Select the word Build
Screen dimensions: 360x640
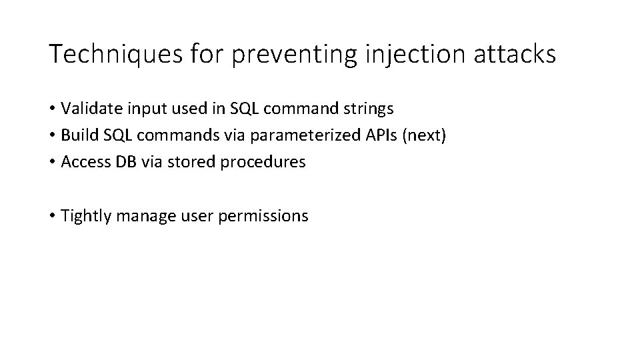click(77, 135)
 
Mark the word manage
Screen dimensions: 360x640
click(140, 216)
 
